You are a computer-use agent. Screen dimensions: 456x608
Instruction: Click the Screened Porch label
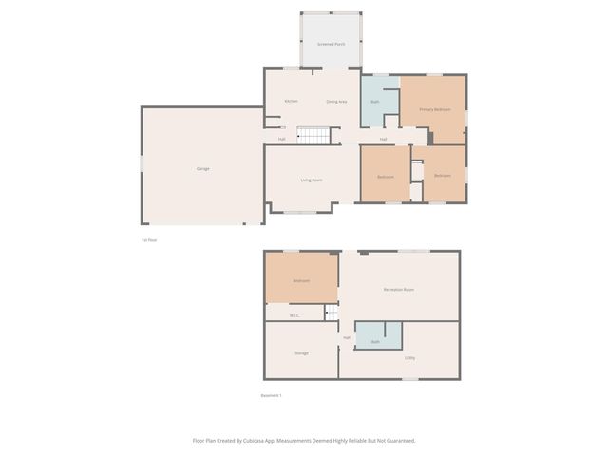tap(331, 44)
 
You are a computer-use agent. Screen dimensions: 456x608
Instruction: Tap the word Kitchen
tap(292, 101)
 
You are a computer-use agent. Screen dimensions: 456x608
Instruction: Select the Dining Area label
tap(336, 101)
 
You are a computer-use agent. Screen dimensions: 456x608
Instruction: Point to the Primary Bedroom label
tap(435, 109)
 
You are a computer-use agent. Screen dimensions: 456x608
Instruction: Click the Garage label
tap(202, 168)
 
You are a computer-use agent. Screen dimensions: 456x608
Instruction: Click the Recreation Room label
tap(399, 289)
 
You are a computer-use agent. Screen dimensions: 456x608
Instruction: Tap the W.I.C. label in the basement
tap(294, 315)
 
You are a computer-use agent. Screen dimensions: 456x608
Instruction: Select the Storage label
tap(301, 352)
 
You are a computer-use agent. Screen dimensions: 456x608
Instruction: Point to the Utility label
tap(409, 357)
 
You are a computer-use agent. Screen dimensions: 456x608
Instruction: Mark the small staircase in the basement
tap(332, 313)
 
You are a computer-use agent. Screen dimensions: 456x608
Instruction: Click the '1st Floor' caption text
tap(149, 239)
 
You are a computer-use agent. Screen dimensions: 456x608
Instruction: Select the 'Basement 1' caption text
tap(272, 395)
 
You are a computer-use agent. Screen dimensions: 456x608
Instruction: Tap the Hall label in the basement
tap(347, 337)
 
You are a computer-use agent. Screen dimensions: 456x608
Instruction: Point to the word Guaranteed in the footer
tap(399, 440)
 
